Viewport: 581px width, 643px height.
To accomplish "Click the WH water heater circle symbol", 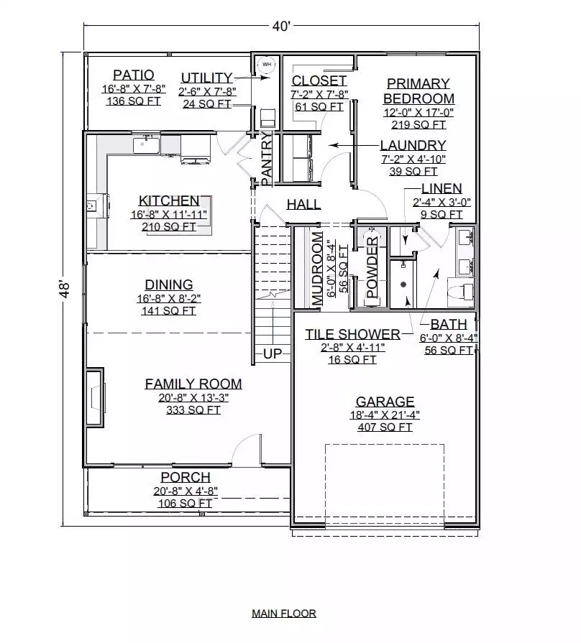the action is [267, 65].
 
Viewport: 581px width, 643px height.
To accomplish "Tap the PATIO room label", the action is [133, 75].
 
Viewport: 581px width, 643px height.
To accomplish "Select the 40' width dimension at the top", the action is [281, 27].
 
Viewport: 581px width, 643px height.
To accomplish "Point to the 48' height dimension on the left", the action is [65, 290].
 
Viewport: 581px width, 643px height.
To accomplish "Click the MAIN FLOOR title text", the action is [284, 614].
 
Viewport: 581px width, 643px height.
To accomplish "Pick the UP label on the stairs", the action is [272, 353].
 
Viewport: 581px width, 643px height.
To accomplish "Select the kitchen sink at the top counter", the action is [147, 144].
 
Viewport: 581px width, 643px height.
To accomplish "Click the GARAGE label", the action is [385, 401].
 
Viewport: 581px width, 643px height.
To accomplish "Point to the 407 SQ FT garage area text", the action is [385, 427].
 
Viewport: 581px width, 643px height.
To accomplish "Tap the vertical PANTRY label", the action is [267, 158].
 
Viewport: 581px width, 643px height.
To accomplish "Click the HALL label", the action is [303, 204].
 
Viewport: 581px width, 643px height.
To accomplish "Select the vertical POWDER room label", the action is [372, 267].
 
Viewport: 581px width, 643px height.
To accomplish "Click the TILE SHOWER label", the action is [352, 334].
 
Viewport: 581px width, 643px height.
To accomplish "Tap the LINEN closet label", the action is [442, 188].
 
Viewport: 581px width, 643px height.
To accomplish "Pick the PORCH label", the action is [186, 477].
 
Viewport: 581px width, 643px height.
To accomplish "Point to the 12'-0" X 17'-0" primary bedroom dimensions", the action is [418, 112].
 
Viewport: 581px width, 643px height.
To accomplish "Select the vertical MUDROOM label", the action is [317, 269].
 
